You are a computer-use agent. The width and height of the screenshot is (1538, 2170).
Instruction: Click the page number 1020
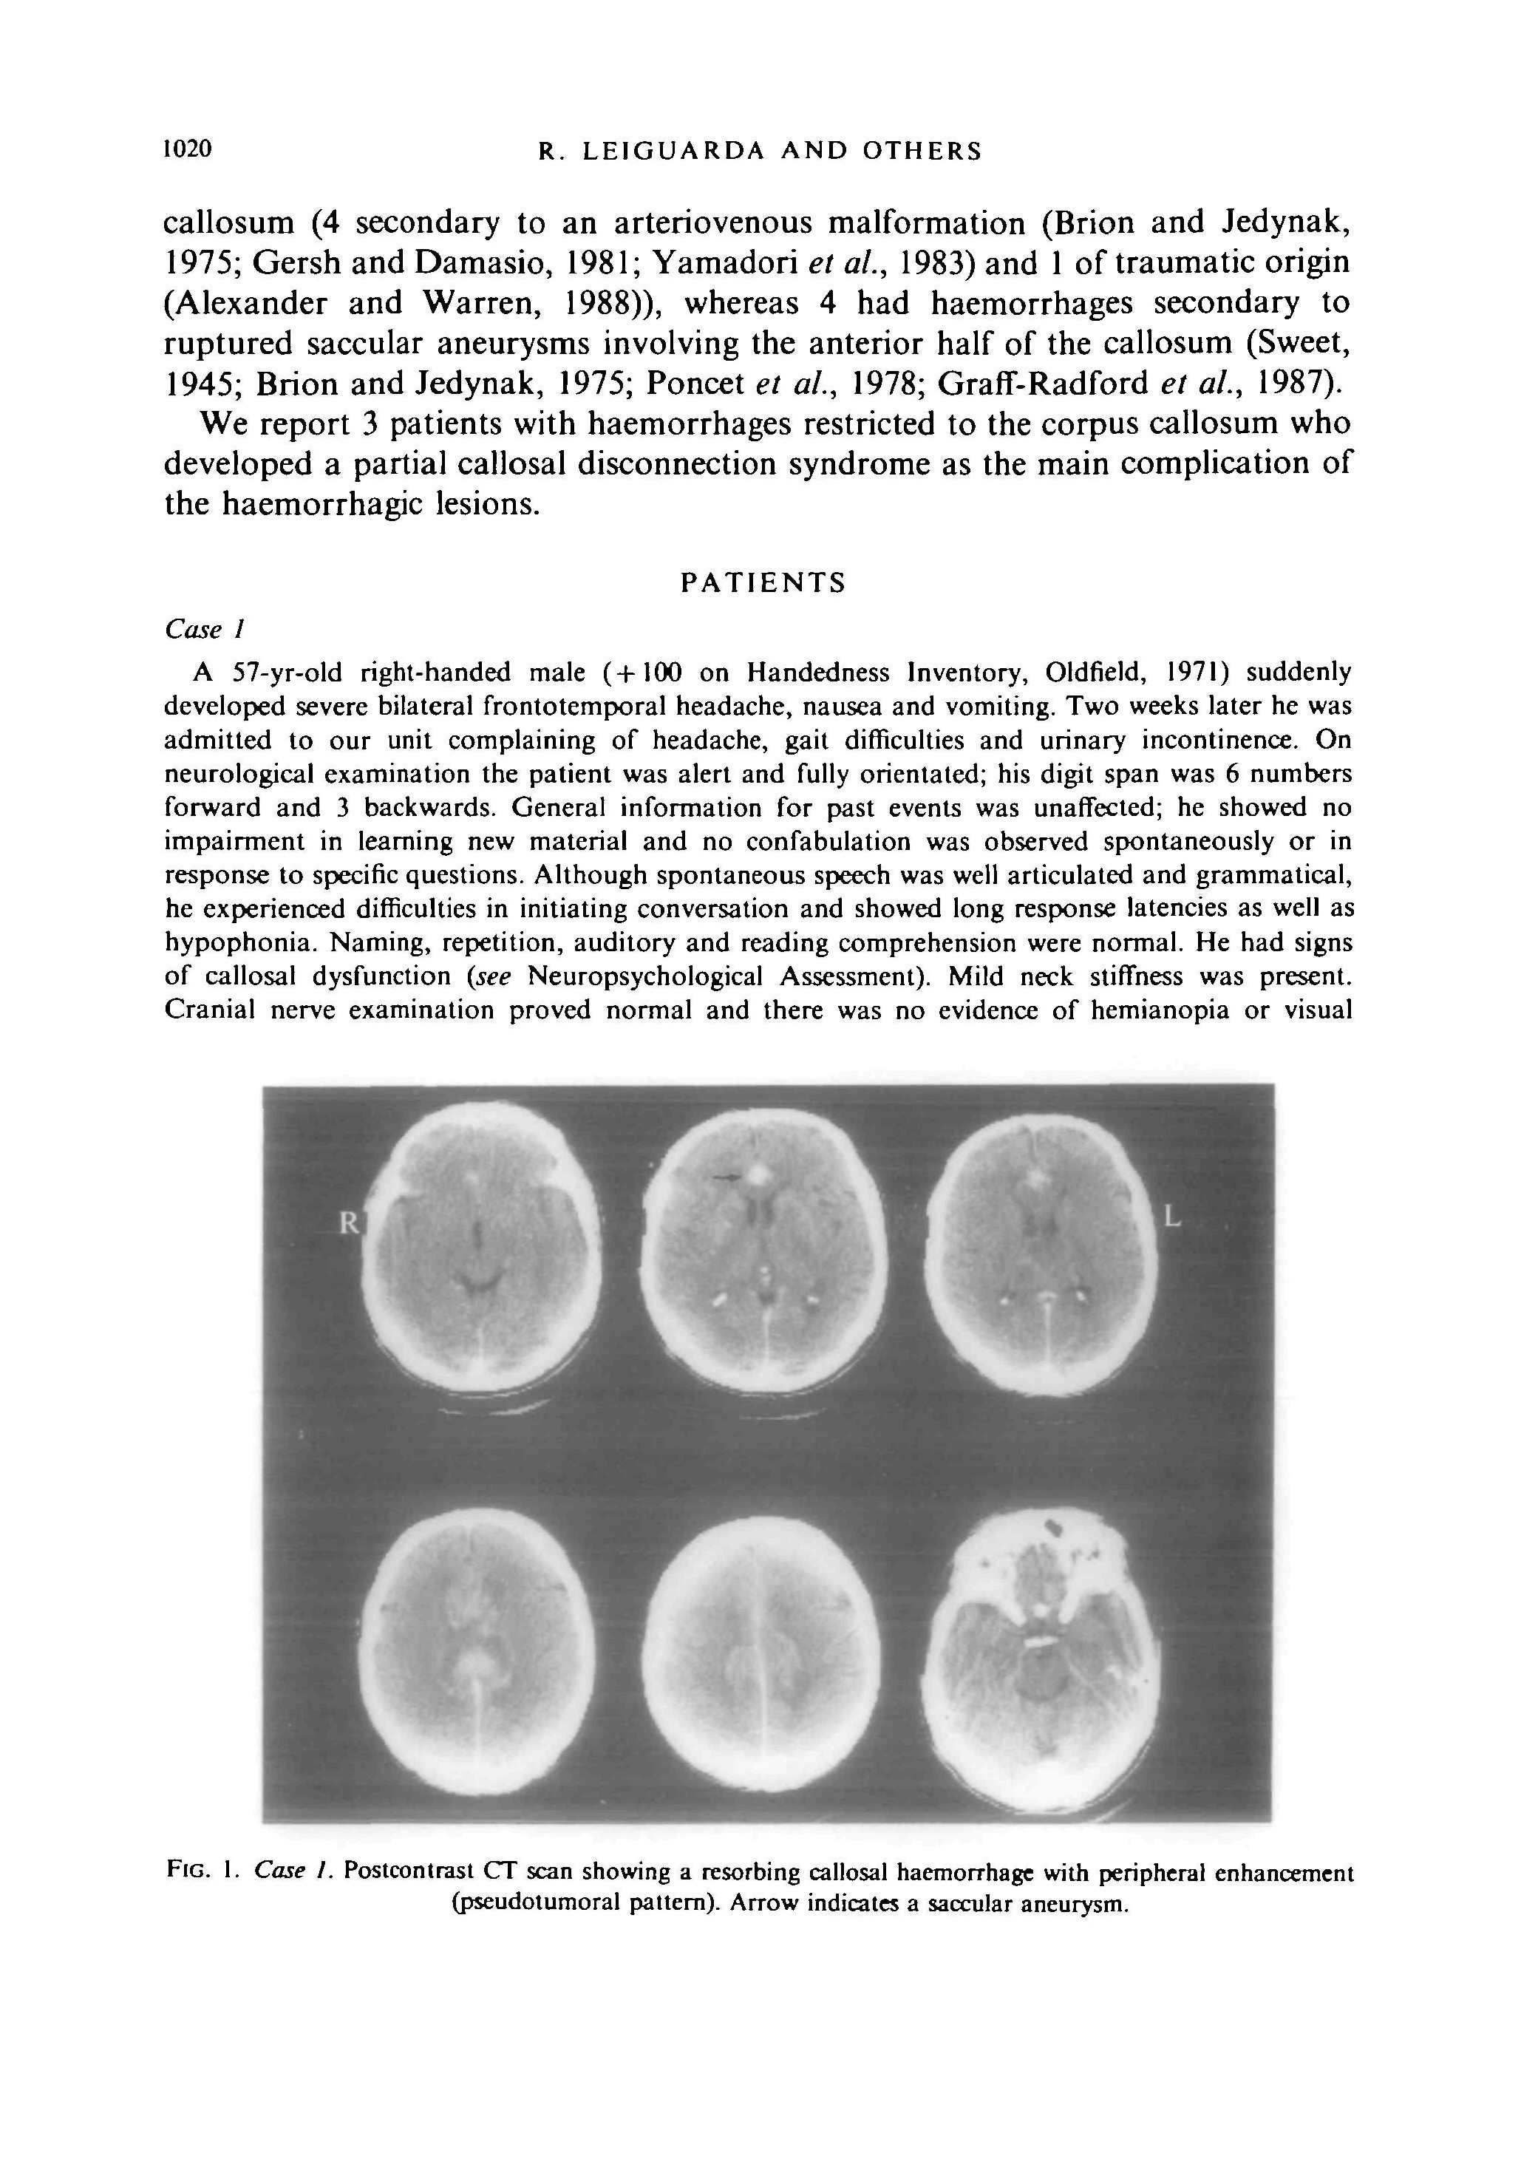pos(188,149)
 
